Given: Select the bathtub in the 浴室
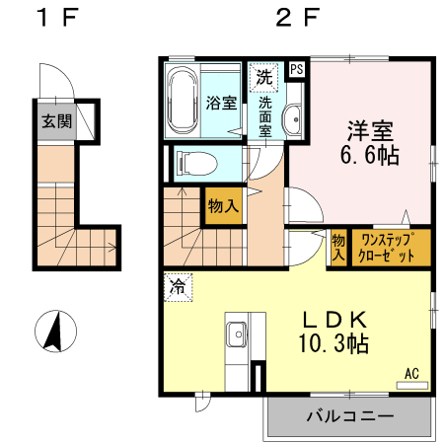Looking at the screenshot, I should point(184,102).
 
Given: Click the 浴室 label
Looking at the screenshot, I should point(220,102).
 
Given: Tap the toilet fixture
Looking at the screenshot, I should point(194,160).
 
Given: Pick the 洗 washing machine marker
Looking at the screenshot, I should point(264,76).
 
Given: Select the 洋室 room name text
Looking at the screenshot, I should point(371,129).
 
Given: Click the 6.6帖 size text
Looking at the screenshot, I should point(371,155).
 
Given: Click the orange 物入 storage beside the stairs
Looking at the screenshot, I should point(223,206).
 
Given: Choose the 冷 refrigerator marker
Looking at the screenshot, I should point(178,287).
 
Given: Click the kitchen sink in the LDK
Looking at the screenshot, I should point(238,336).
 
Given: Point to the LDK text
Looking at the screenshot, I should point(334,321).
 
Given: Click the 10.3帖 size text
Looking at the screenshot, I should point(334,345).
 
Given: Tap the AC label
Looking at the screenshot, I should point(411,373).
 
